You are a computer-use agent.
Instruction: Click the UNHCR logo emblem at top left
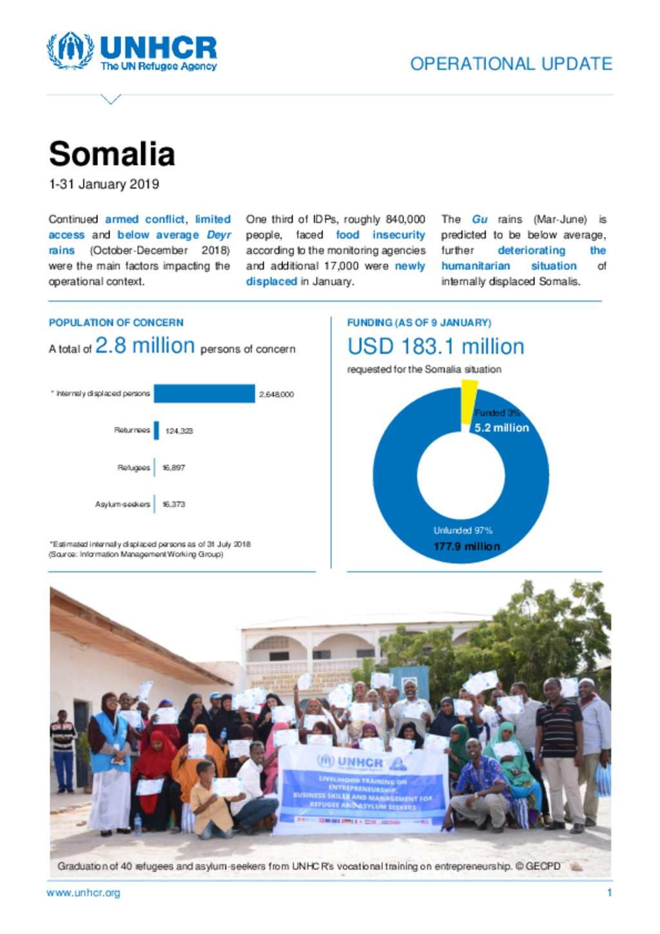pos(70,51)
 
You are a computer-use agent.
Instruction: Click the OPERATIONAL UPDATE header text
pos(510,64)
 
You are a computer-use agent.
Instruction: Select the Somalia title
pos(112,154)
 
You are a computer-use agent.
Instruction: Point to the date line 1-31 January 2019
pos(104,184)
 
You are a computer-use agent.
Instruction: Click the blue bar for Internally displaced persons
pos(204,394)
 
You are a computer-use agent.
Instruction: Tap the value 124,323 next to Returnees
pos(179,431)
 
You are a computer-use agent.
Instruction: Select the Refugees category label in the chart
pos(133,467)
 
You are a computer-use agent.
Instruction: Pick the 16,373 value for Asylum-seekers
pos(173,504)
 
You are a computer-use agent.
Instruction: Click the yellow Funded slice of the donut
pos(469,401)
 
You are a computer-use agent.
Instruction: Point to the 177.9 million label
pos(467,547)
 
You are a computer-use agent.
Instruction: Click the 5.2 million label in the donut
pos(501,428)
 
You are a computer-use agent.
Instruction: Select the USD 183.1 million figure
pos(436,347)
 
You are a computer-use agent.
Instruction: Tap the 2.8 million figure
pos(145,346)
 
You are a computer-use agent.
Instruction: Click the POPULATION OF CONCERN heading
pos(116,322)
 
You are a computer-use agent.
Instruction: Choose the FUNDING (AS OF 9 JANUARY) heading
pos(419,322)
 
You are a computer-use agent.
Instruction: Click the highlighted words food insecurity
pos(380,235)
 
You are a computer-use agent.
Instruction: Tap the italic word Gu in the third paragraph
pos(480,220)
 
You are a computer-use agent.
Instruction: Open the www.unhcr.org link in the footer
pos(83,893)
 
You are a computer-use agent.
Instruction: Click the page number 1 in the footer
pos(609,893)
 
